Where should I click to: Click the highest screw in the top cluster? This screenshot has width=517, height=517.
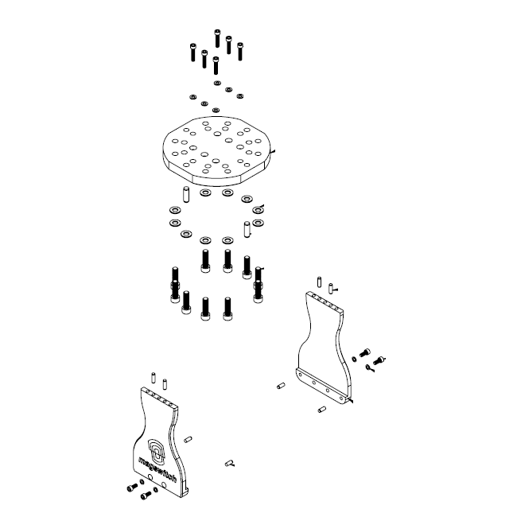[217, 37]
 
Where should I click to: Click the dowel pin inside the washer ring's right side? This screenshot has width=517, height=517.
[247, 229]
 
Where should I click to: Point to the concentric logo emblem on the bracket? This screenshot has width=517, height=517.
[157, 450]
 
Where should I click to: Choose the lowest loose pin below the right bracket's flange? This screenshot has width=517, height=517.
[321, 410]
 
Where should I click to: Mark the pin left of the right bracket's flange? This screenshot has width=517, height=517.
[281, 387]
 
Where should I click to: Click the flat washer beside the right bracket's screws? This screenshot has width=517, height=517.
[354, 359]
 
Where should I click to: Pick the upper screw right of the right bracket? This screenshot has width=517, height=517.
[366, 352]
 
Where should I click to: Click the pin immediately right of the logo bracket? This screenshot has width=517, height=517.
[189, 439]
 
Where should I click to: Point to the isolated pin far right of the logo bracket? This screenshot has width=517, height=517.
[229, 461]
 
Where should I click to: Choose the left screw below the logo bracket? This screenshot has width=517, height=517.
[130, 488]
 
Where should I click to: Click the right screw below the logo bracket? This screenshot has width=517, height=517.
[146, 495]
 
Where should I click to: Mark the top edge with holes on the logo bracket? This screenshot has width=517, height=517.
[158, 398]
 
